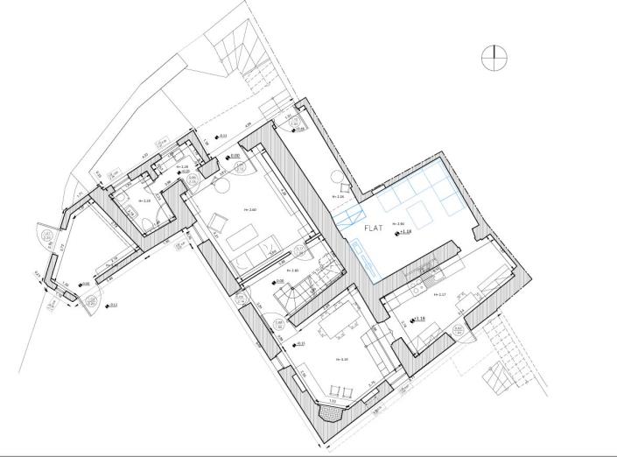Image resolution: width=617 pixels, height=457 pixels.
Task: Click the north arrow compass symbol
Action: pos(494,56)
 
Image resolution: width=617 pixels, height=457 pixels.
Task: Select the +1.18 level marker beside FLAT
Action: pos(404,231)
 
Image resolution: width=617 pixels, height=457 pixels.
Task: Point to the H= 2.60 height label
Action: pos(252,210)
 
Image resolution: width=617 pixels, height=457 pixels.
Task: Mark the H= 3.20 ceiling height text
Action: pos(344,359)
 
